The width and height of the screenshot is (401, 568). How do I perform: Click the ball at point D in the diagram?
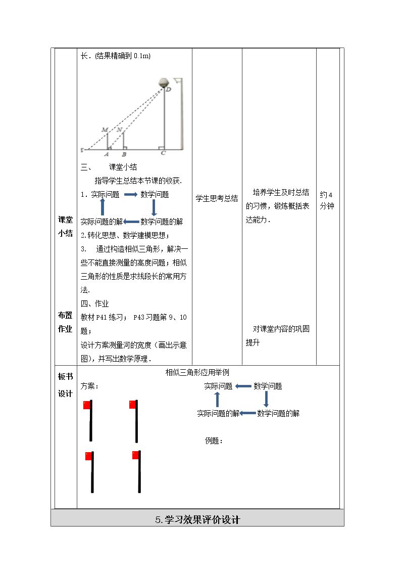[164, 82]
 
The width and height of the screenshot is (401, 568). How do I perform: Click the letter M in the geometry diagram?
[105, 129]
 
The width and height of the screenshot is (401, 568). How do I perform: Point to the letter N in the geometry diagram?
[119, 129]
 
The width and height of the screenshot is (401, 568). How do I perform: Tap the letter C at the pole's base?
[163, 153]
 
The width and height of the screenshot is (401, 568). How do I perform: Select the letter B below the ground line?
[124, 154]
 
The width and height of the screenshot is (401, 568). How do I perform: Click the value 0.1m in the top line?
[141, 56]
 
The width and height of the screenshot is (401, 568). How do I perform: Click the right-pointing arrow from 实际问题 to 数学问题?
[130, 195]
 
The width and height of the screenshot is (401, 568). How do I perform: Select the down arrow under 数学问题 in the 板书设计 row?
[266, 399]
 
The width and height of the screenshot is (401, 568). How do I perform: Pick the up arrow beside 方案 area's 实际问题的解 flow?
[217, 400]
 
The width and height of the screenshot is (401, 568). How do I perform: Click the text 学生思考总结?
[217, 198]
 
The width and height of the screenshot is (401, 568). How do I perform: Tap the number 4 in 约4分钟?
[330, 195]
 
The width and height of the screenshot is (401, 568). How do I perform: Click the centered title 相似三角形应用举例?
[197, 372]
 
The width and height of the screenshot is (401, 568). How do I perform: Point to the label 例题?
[213, 441]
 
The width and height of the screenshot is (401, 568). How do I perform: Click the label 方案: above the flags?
[90, 386]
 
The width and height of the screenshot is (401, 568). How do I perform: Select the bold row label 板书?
[66, 377]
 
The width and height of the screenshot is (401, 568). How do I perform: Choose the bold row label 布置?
[66, 315]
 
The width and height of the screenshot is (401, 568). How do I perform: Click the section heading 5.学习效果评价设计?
[197, 520]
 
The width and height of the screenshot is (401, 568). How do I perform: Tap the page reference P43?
[139, 317]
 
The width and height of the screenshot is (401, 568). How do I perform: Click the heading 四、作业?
[94, 303]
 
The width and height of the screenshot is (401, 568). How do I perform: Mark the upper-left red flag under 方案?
[87, 405]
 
